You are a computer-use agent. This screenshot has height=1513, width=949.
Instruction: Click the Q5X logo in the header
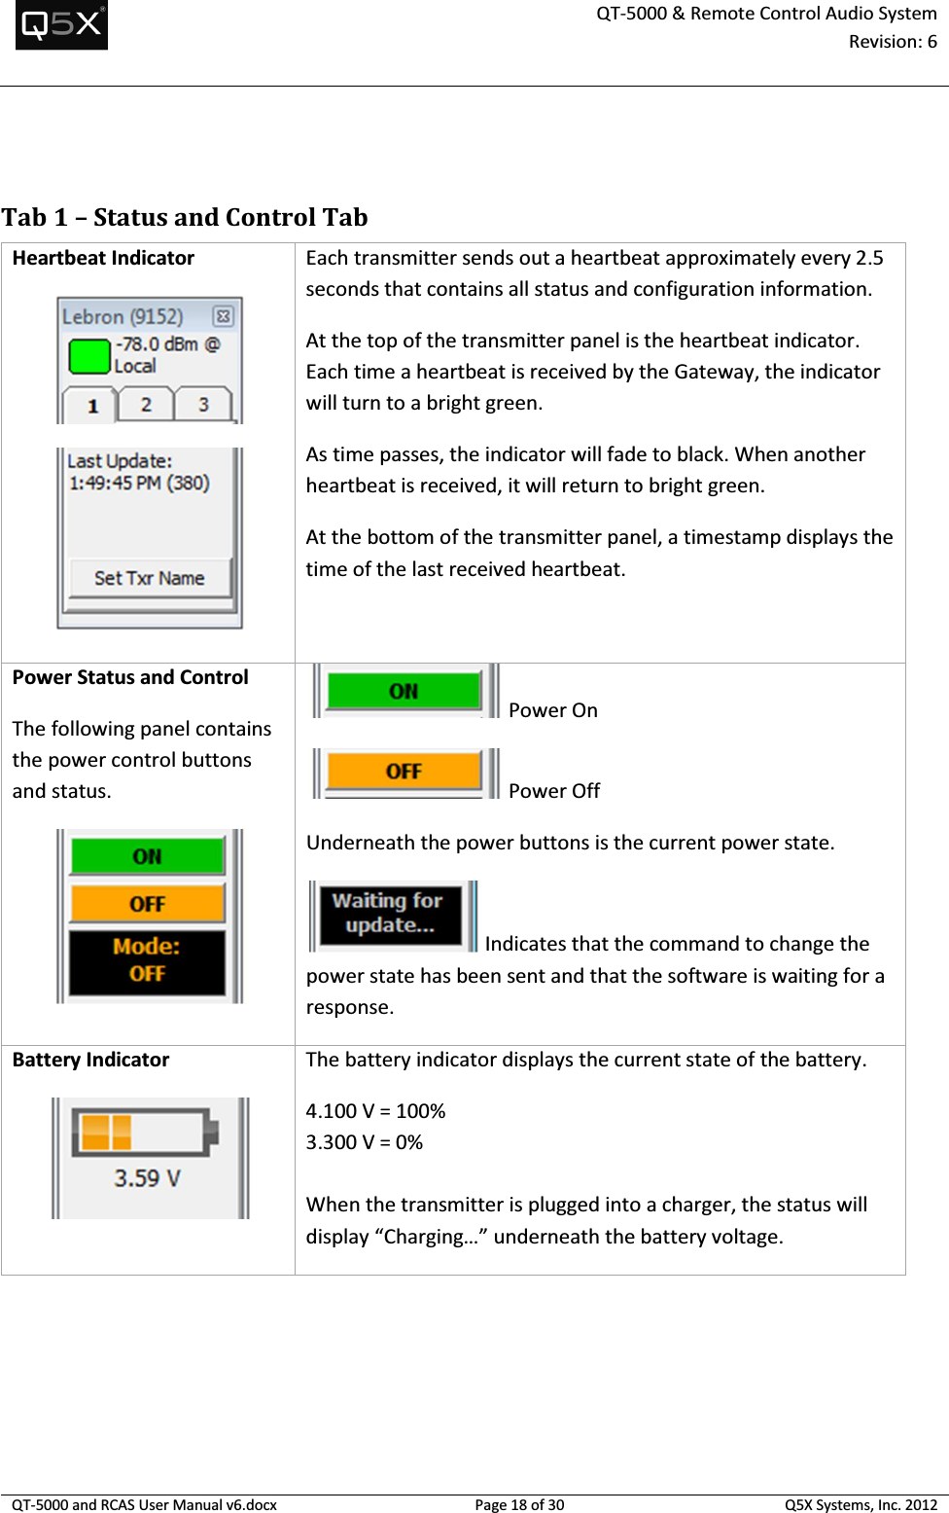pyautogui.click(x=61, y=24)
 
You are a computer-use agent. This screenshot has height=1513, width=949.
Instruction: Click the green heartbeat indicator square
pyautogui.click(x=89, y=356)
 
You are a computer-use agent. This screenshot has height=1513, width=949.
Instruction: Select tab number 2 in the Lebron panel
pyautogui.click(x=146, y=405)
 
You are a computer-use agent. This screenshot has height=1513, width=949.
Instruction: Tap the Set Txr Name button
pyautogui.click(x=150, y=578)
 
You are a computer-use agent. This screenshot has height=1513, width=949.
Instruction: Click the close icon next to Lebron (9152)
pyautogui.click(x=223, y=316)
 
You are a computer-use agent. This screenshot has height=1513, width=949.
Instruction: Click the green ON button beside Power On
pyautogui.click(x=404, y=691)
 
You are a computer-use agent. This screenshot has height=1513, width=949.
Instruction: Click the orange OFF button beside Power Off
pyautogui.click(x=404, y=771)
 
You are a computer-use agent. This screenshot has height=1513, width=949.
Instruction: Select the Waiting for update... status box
pyautogui.click(x=388, y=913)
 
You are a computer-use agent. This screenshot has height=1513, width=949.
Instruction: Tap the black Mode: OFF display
pyautogui.click(x=147, y=960)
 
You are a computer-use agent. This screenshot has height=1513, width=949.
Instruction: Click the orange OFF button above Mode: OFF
pyautogui.click(x=147, y=904)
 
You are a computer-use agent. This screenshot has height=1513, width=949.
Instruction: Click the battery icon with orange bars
pyautogui.click(x=145, y=1133)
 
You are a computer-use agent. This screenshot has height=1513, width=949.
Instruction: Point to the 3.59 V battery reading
pyautogui.click(x=147, y=1178)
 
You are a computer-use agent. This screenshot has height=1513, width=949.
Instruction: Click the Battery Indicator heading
pyautogui.click(x=90, y=1060)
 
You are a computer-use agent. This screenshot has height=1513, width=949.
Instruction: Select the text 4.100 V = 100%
pyautogui.click(x=375, y=1111)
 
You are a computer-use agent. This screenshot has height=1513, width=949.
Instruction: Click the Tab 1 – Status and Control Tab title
pyautogui.click(x=185, y=217)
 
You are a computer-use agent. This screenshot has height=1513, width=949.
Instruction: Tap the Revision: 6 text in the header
pyautogui.click(x=892, y=42)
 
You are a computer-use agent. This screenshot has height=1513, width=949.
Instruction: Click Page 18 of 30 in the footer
pyautogui.click(x=519, y=1504)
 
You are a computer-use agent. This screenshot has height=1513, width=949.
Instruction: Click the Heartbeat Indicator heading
pyautogui.click(x=103, y=258)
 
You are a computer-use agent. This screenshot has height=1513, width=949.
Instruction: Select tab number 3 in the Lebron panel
pyautogui.click(x=203, y=405)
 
